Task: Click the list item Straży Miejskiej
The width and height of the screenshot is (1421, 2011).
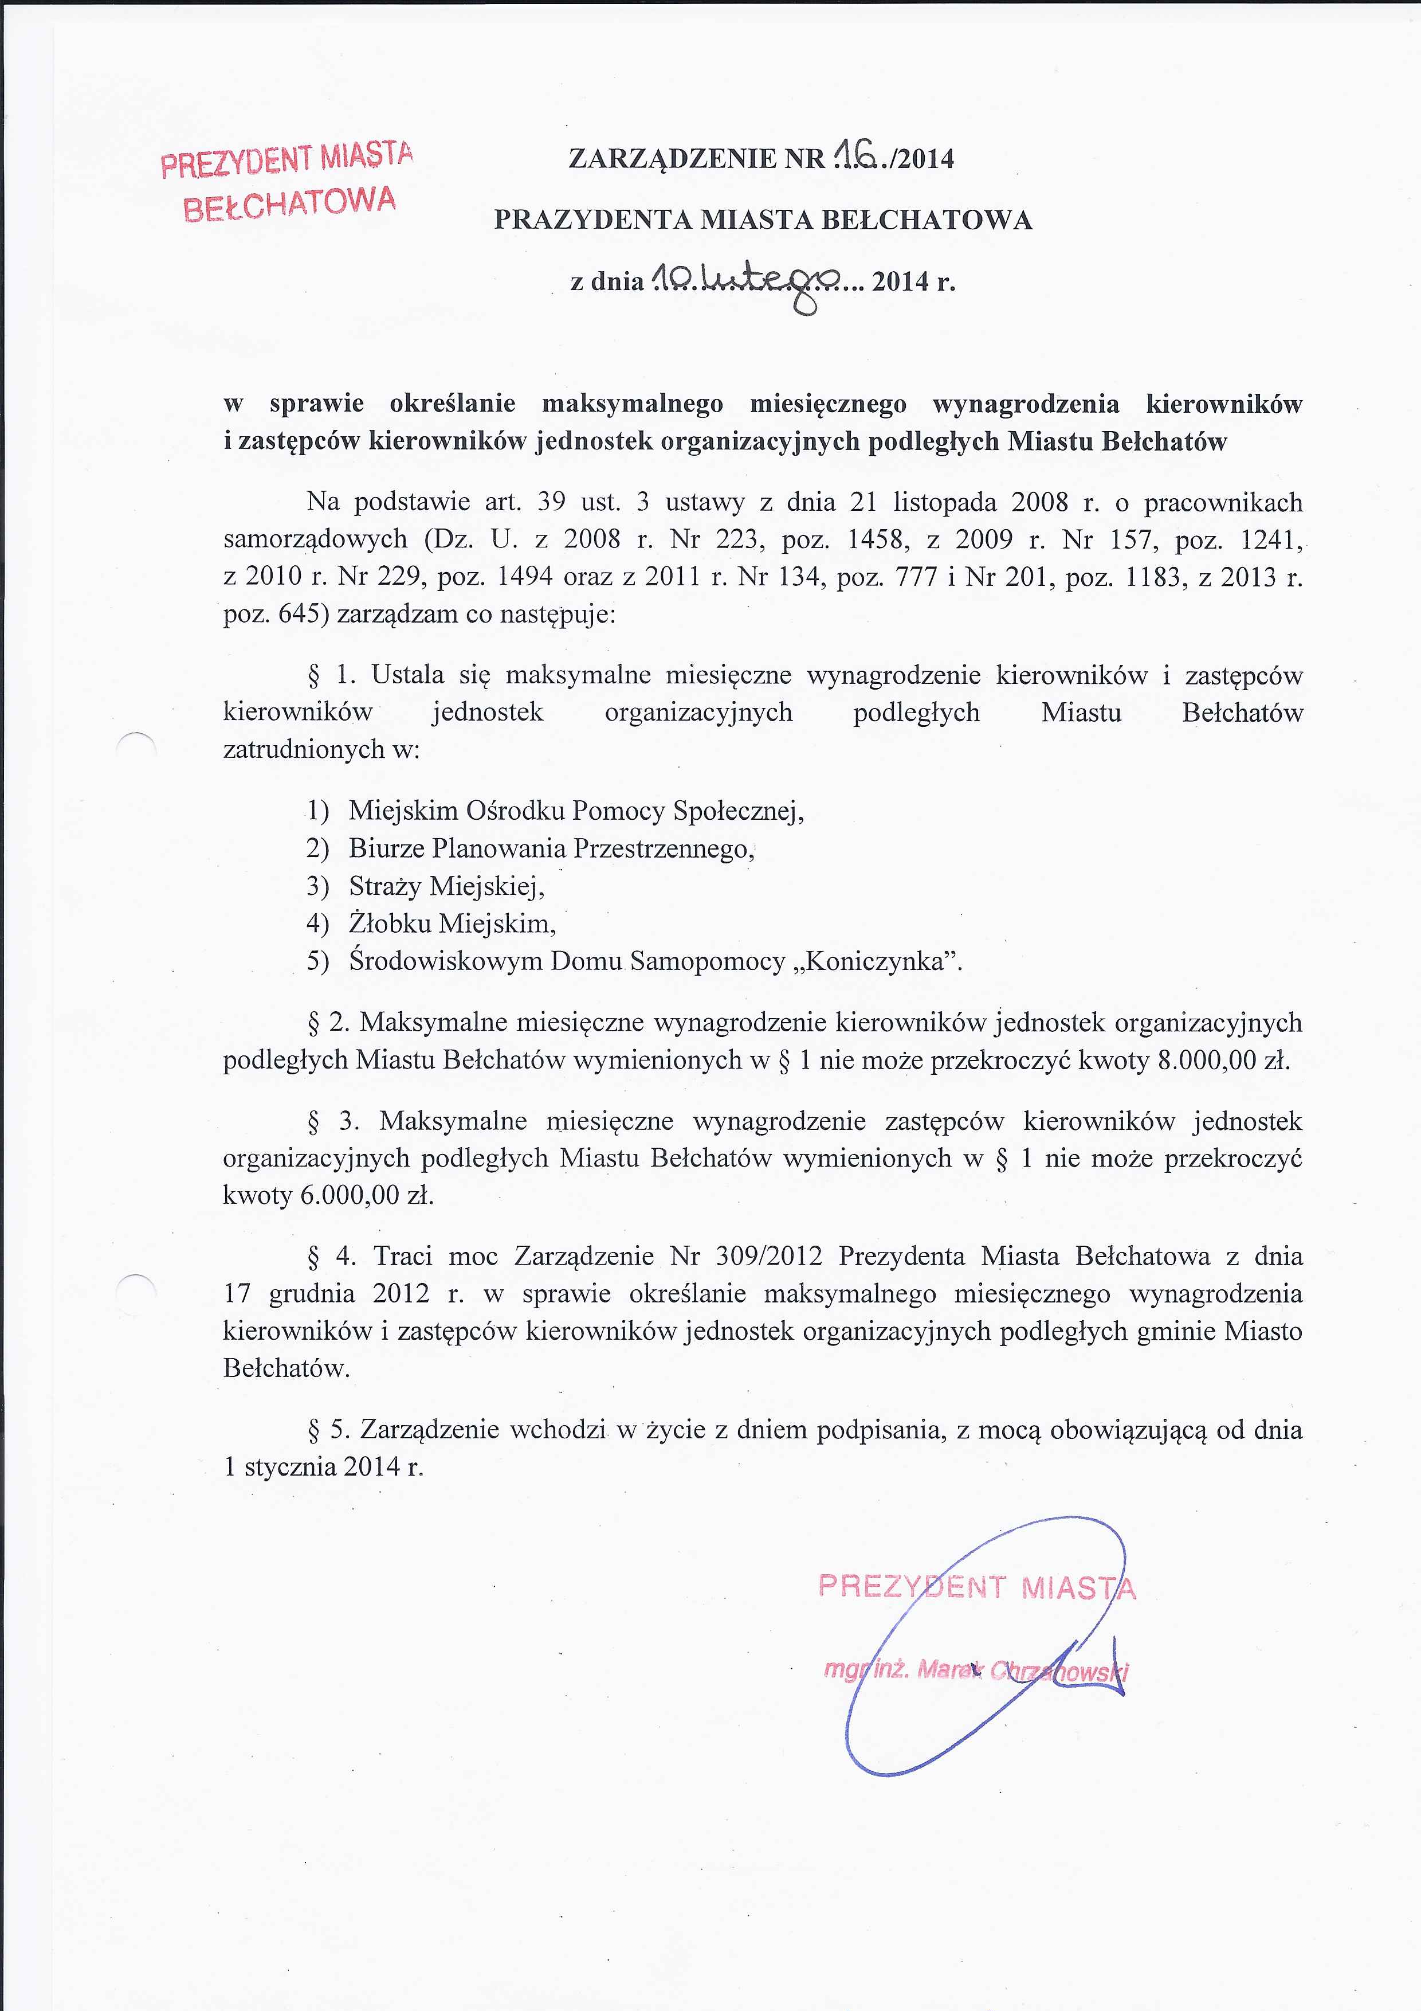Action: pos(446,886)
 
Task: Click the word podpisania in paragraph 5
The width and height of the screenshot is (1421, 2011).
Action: pos(879,1429)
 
